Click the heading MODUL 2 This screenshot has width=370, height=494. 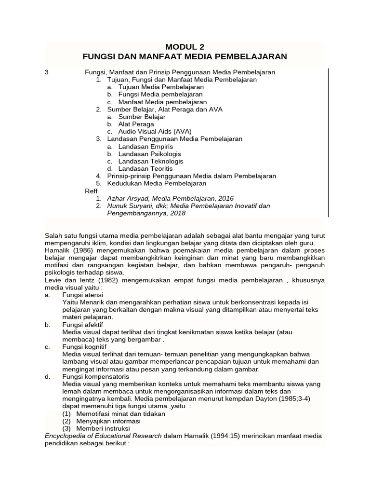pyautogui.click(x=185, y=47)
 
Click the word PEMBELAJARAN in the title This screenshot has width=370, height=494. pyautogui.click(x=248, y=57)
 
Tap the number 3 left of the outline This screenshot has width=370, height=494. pyautogui.click(x=47, y=72)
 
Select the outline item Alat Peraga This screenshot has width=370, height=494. pyautogui.click(x=136, y=124)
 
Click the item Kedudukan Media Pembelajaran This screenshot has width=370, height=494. pyautogui.click(x=156, y=183)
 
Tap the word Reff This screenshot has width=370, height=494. pyautogui.click(x=91, y=191)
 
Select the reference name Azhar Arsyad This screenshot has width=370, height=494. pyautogui.click(x=126, y=198)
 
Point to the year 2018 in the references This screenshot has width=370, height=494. pyautogui.click(x=177, y=213)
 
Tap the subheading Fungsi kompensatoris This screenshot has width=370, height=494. pyautogui.click(x=95, y=376)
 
